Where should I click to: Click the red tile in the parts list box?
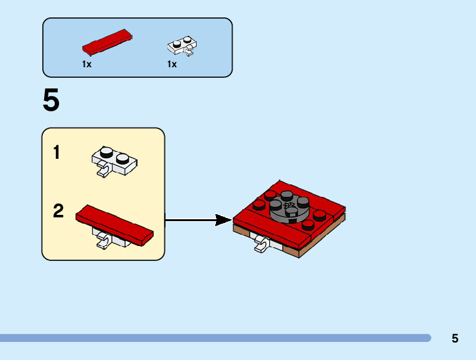(107, 42)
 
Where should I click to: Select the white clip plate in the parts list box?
(182, 45)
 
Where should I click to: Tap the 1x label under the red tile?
(86, 64)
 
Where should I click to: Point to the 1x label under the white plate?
(172, 64)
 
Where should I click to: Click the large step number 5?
(51, 100)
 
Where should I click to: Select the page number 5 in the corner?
(455, 338)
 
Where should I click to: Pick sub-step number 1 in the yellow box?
(57, 152)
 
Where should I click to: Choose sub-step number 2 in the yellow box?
(58, 211)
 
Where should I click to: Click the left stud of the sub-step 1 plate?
(106, 152)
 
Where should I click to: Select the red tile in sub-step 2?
(114, 225)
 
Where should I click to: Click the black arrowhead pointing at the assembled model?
(223, 220)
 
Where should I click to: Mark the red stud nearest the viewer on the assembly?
(308, 225)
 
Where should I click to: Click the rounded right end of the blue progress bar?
(427, 338)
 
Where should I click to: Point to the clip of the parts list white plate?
(189, 50)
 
